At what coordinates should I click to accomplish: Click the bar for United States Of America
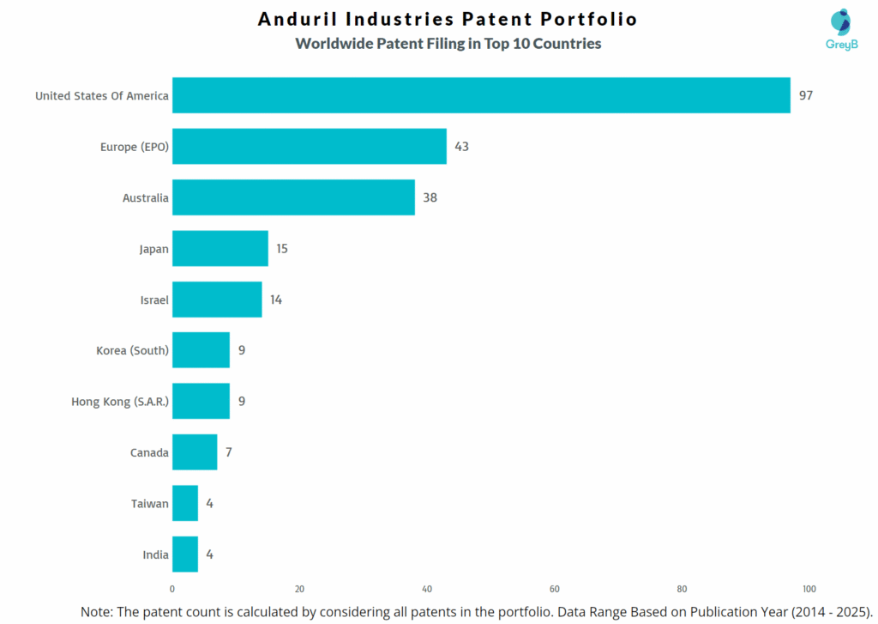pos(481,95)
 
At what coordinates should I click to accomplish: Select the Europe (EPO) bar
pos(310,146)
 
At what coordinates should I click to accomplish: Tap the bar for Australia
pos(293,197)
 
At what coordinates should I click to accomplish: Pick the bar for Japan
pos(220,248)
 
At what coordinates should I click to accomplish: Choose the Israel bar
pos(217,300)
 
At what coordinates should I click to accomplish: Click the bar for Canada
pos(195,452)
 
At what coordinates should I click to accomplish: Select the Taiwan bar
pos(185,503)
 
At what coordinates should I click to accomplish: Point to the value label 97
pos(805,95)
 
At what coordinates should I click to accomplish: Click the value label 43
pos(461,147)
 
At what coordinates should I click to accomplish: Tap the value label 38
pos(430,197)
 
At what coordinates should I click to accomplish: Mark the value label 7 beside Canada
pos(229,452)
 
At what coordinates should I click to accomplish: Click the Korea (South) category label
pos(132,350)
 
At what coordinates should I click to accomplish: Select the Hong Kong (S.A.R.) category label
pos(120,401)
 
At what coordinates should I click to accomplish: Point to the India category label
pos(155,554)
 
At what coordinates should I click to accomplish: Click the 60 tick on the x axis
pos(555,589)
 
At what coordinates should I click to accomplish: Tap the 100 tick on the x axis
pos(809,589)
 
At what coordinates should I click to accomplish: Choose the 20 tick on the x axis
pos(300,589)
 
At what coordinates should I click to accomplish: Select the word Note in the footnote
pos(97,612)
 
